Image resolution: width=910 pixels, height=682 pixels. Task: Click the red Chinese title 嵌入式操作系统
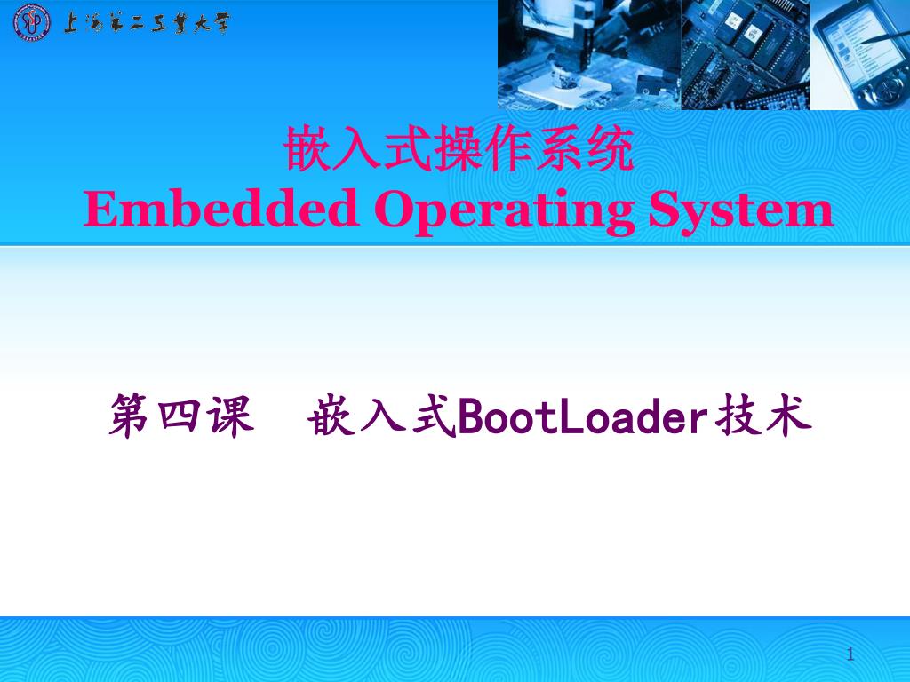[459, 149]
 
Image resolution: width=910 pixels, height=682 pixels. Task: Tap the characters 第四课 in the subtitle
[181, 417]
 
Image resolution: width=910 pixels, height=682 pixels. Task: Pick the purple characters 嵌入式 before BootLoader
[382, 417]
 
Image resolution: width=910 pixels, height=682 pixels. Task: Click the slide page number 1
[850, 655]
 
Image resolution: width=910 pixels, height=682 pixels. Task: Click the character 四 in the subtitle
[181, 417]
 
